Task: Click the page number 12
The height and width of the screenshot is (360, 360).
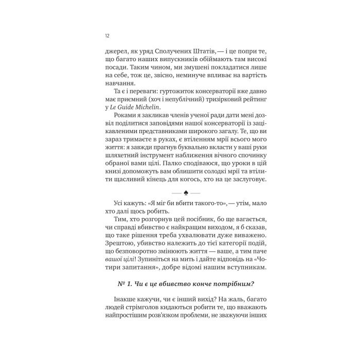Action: pyautogui.click(x=106, y=36)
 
